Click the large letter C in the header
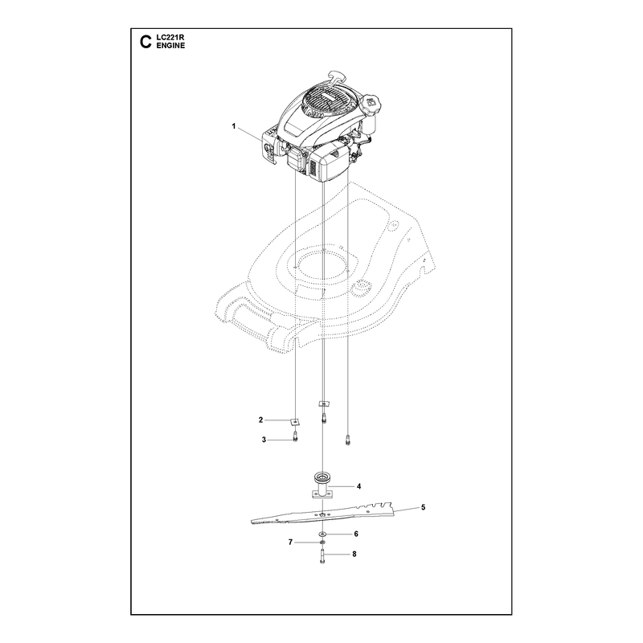pyautogui.click(x=145, y=42)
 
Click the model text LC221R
pyautogui.click(x=170, y=37)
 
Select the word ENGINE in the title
pyautogui.click(x=170, y=46)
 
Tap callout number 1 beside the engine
pyautogui.click(x=234, y=126)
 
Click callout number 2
pyautogui.click(x=260, y=420)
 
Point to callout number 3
pyautogui.click(x=264, y=440)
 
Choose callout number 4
pyautogui.click(x=358, y=486)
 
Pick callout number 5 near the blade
pyautogui.click(x=424, y=508)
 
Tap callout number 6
pyautogui.click(x=356, y=534)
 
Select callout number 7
pyautogui.click(x=290, y=543)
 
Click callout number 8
pyautogui.click(x=354, y=554)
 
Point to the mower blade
pyautogui.click(x=323, y=514)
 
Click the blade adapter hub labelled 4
pyautogui.click(x=322, y=486)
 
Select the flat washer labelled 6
pyautogui.click(x=322, y=534)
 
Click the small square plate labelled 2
pyautogui.click(x=295, y=421)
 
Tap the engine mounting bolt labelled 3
pyautogui.click(x=295, y=438)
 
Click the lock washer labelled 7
pyautogui.click(x=322, y=543)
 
